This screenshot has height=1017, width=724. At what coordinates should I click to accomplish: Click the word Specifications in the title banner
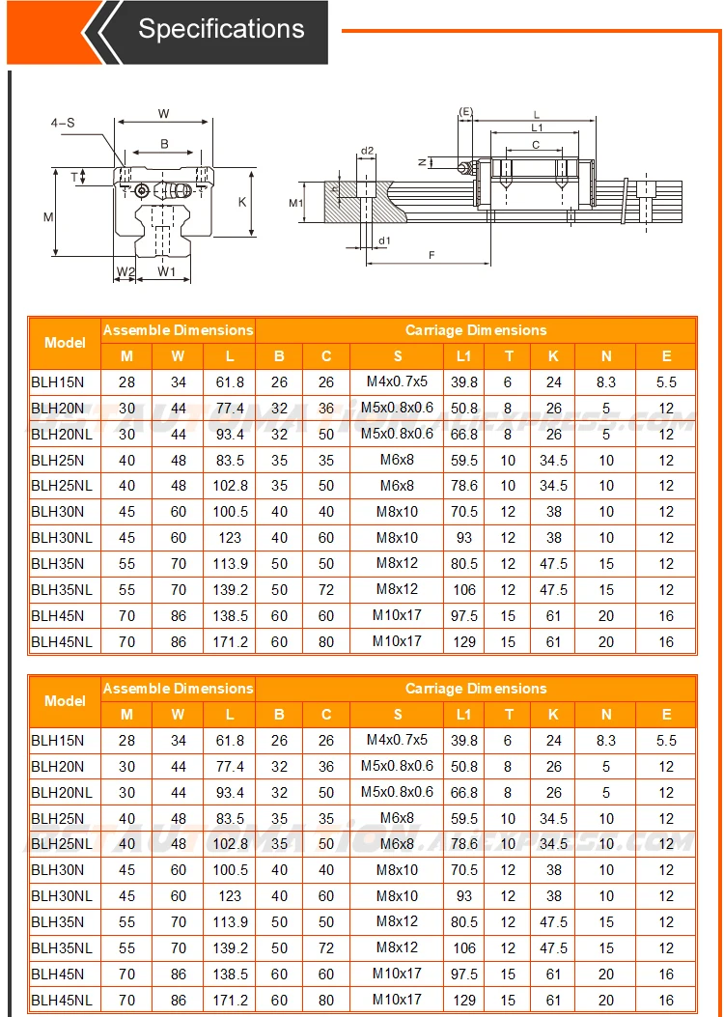[221, 29]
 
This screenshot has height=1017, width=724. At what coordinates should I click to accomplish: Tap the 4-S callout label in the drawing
[64, 123]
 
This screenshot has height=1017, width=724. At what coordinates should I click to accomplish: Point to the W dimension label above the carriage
[164, 114]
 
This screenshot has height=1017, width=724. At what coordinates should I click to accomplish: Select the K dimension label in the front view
[242, 202]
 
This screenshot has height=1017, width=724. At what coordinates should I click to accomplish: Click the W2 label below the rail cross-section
[125, 272]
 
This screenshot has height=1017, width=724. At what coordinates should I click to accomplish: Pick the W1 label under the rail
[167, 272]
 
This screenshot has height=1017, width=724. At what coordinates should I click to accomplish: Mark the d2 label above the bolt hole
[367, 151]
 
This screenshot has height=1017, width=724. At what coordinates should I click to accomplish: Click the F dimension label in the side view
[431, 254]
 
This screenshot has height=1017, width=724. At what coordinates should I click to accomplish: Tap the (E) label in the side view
[465, 113]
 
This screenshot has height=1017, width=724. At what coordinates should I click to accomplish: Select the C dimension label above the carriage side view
[536, 145]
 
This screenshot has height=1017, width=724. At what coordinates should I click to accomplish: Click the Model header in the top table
[65, 343]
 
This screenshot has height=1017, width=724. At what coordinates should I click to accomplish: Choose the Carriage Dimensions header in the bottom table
[475, 689]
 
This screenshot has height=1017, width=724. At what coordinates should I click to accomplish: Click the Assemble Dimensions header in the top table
[178, 330]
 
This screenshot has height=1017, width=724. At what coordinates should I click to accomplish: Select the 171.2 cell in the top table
[230, 641]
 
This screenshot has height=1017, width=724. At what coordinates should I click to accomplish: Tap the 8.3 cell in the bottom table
[606, 741]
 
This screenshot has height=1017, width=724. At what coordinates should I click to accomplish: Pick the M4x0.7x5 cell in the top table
[397, 381]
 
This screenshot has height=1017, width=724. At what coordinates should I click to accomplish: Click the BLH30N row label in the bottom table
[58, 870]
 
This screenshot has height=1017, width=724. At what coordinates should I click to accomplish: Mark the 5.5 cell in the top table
[666, 382]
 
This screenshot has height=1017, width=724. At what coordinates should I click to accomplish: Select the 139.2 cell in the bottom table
[230, 948]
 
